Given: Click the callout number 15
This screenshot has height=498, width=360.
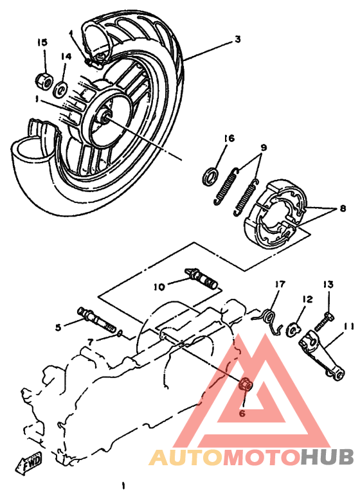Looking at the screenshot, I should tap(42, 42).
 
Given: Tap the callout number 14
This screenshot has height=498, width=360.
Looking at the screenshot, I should tap(66, 57).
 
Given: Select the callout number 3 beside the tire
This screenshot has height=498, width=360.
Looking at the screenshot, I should tap(237, 40).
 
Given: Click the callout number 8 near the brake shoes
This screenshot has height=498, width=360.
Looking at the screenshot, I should tap(343, 208).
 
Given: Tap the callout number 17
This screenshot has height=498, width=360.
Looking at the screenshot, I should tap(280, 284).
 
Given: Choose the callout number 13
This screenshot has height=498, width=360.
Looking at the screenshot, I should tap(328, 284).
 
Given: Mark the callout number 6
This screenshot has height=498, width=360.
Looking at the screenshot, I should tap(243, 414).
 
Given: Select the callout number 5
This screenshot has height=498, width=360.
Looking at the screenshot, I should tap(59, 327).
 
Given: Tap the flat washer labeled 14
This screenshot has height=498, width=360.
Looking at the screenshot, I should tap(62, 86).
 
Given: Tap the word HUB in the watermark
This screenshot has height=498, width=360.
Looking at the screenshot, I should tap(328, 458).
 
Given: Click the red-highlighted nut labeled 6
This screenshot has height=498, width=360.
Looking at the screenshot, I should tap(245, 385).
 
